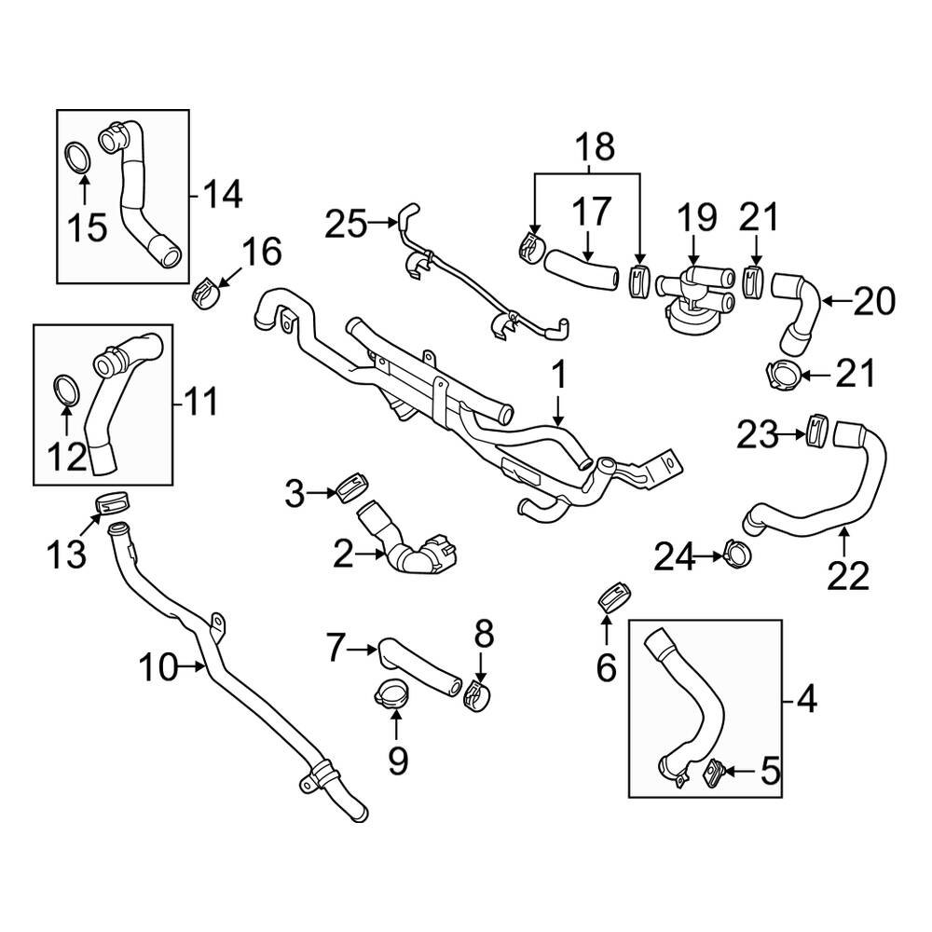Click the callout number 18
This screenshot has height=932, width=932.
(x=594, y=147)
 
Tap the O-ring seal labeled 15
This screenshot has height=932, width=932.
(x=78, y=157)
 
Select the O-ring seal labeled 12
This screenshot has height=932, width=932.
(x=64, y=391)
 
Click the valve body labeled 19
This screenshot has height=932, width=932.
(x=692, y=289)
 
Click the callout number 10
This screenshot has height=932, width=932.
(x=158, y=666)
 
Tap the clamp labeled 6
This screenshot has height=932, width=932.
(x=611, y=596)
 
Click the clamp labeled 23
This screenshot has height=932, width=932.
(x=816, y=430)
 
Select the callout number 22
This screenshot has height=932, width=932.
(x=847, y=575)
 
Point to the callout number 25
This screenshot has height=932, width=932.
(x=347, y=224)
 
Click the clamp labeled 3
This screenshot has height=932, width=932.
(x=353, y=486)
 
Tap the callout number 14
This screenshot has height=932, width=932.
(x=223, y=195)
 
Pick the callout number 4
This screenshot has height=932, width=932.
(x=806, y=699)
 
